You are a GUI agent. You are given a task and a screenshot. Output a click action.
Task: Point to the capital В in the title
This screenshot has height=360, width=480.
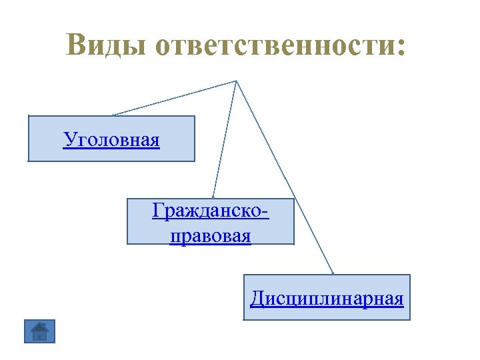pos(78,45)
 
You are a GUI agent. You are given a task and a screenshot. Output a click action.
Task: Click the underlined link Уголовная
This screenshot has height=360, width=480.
pos(111,140)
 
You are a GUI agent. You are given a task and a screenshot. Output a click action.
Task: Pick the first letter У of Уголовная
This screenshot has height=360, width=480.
pos(69,140)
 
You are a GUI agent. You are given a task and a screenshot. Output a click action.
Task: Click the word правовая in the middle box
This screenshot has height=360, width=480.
pos(211,236)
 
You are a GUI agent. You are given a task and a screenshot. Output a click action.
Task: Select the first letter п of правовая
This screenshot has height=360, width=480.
pos(175,237)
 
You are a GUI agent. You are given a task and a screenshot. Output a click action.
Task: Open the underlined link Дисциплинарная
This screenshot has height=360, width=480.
pos(327,298)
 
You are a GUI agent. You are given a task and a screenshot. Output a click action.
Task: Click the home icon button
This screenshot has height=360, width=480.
pos(40,331)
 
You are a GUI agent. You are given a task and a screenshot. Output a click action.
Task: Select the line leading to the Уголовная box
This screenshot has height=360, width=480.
pos(173,98)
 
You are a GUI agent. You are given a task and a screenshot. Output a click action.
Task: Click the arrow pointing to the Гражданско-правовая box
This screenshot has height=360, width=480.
pos(225,140)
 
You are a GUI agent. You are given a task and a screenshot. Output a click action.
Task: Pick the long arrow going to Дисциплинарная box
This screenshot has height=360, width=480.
pos(287,180)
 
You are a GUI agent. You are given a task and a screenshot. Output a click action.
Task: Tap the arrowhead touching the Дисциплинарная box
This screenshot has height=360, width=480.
pos(332,271)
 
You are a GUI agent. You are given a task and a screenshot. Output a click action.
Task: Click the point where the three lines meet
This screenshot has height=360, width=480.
pos(236,81)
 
